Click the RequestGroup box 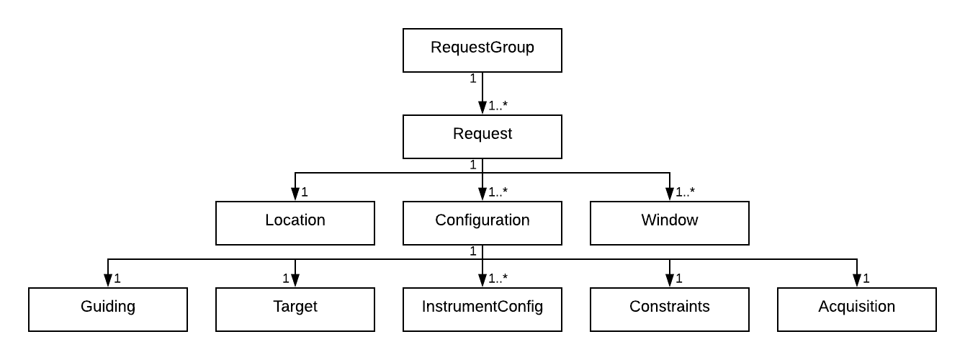click(482, 50)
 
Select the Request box click(482, 137)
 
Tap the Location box click(295, 223)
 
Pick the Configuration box click(482, 223)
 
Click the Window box click(670, 223)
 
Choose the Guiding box click(108, 310)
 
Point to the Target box click(295, 310)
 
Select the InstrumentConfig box click(482, 310)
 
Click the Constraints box click(670, 310)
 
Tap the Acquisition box click(857, 310)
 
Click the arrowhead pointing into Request click(482, 108)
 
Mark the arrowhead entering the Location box click(295, 194)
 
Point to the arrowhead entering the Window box click(670, 194)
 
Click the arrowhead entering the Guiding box click(108, 281)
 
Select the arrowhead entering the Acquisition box click(857, 281)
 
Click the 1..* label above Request click(498, 106)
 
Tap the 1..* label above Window click(686, 192)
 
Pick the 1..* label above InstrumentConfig click(498, 279)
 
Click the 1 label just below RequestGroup click(473, 78)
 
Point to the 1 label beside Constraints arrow click(678, 279)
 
